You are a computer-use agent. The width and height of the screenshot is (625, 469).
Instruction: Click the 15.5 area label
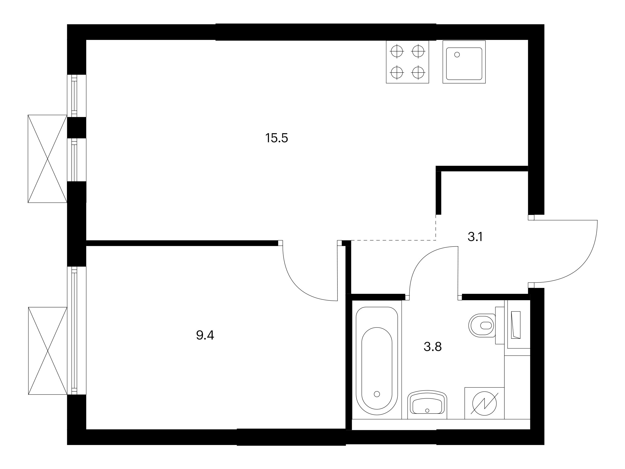tap(276, 138)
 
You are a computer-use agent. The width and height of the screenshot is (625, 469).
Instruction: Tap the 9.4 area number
tap(205, 335)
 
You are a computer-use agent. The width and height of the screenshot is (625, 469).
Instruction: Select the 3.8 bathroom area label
tap(433, 347)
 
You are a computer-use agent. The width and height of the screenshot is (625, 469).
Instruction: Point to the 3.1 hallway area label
tap(475, 237)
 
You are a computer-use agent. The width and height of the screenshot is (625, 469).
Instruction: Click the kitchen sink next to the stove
tap(464, 62)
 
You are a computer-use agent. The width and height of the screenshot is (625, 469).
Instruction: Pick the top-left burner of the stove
tap(397, 51)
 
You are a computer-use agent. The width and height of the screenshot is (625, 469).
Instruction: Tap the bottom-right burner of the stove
tap(418, 72)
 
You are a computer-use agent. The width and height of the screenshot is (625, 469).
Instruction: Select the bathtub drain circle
tap(377, 394)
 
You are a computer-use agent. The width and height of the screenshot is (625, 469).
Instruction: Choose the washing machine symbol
tap(484, 403)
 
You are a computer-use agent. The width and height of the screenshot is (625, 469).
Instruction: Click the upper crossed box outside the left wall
tap(47, 159)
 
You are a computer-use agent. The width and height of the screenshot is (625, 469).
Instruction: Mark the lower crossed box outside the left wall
tap(48, 351)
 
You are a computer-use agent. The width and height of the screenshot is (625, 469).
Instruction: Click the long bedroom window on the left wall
tap(74, 330)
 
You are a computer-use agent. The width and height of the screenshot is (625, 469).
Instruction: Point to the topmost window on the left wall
tap(74, 96)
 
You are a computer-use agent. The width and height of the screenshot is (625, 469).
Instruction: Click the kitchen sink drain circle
tap(457, 55)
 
